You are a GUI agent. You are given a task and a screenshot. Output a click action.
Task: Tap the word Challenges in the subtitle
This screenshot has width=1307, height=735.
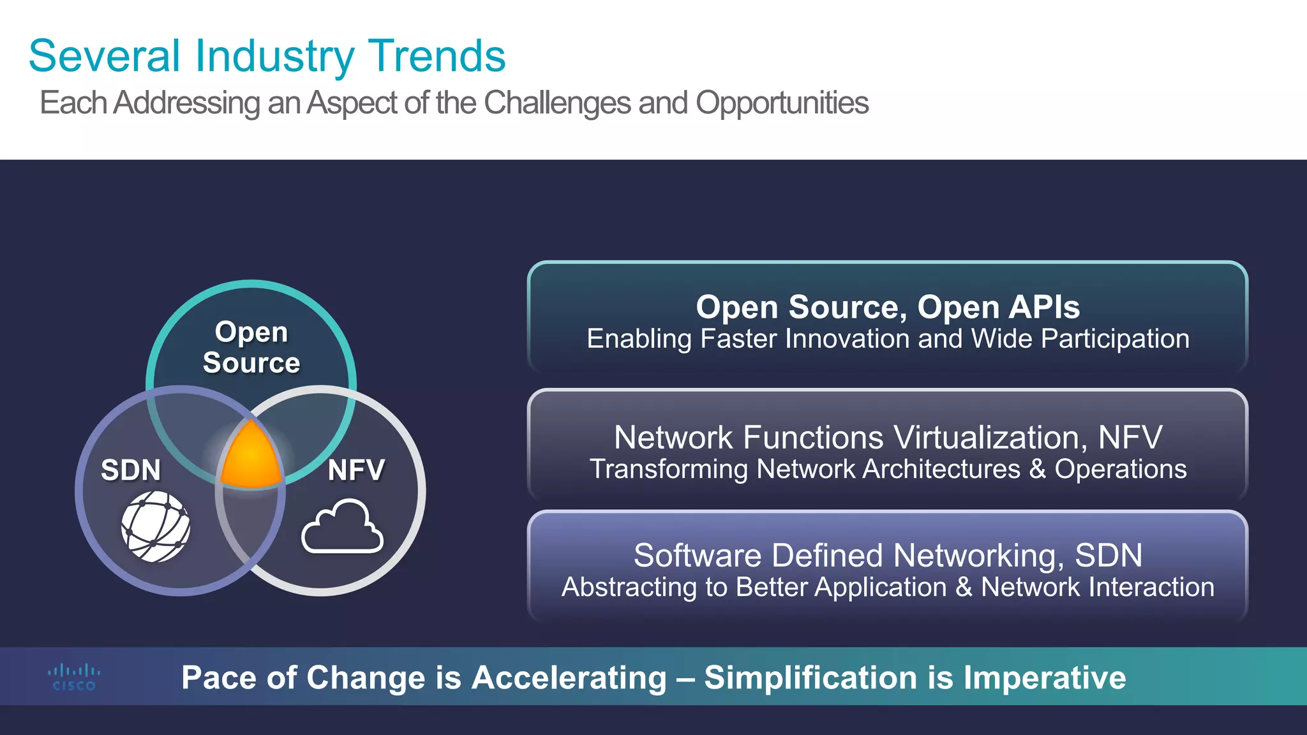557,103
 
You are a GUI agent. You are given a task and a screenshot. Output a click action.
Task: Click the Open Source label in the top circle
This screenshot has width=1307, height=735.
251,347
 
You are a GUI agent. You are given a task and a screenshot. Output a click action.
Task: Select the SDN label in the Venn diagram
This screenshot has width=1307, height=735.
131,470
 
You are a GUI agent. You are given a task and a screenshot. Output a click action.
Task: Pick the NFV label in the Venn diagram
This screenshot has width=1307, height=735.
356,470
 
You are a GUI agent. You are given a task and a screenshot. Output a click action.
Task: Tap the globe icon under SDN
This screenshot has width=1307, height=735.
156,527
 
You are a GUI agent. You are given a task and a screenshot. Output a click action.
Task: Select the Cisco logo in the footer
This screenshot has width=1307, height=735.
74,678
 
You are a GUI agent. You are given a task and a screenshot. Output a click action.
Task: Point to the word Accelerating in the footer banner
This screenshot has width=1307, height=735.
569,678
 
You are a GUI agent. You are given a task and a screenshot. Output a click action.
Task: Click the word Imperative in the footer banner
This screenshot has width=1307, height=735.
1045,678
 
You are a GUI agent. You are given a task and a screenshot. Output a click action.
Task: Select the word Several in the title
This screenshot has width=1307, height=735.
105,56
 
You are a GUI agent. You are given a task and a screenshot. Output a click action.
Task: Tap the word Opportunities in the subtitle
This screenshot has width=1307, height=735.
782,103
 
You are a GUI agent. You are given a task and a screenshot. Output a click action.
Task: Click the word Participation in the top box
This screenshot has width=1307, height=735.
1115,339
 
